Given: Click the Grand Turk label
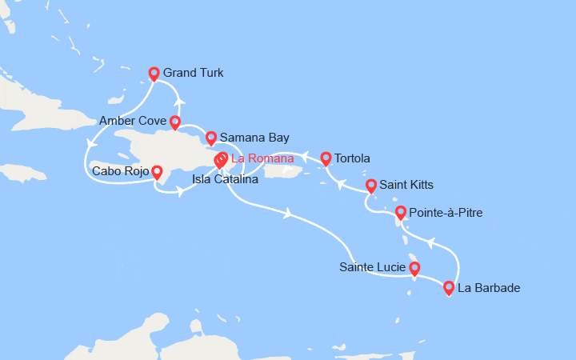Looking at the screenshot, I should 193,73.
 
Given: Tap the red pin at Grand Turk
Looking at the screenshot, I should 154,74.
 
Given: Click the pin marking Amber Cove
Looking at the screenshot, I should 174,122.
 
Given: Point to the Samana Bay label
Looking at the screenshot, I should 254,138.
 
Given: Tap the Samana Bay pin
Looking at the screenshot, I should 211,137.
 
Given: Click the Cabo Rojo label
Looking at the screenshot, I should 120,170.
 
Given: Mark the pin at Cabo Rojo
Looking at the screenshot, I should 157,171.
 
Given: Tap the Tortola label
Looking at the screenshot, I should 353,158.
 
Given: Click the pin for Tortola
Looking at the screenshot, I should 326,158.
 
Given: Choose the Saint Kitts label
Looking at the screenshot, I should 406,185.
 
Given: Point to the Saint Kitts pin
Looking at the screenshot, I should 371,186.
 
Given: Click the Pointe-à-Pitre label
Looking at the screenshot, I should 446,213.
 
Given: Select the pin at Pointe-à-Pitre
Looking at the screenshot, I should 401,212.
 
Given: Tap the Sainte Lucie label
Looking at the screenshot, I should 372,266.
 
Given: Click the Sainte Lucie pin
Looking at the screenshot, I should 414,268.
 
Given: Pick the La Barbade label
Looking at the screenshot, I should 488,287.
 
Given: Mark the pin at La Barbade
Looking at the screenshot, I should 449,287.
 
